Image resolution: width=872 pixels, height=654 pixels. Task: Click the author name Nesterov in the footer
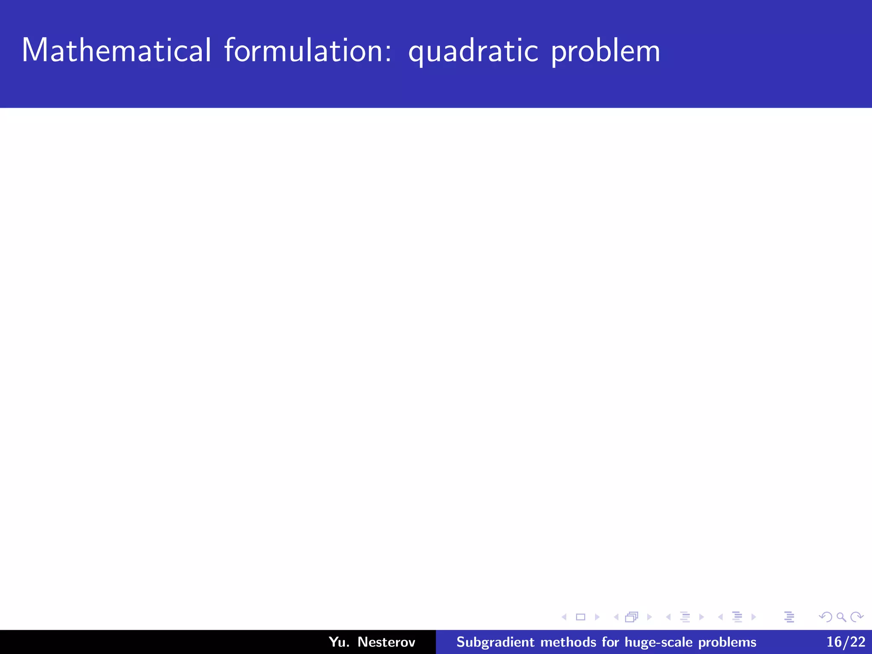tap(386, 642)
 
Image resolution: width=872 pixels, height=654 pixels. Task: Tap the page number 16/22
tap(846, 642)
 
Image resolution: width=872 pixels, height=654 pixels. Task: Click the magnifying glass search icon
tap(841, 617)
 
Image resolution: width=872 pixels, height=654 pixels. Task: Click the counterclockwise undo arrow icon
tap(826, 617)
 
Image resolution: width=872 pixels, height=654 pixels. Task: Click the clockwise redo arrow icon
tap(857, 617)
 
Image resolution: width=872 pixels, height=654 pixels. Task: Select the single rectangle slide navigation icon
tap(580, 617)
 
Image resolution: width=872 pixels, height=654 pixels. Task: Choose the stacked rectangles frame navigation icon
tap(632, 617)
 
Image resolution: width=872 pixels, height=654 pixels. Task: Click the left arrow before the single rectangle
tap(564, 617)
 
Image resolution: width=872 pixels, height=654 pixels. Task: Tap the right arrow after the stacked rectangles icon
tap(649, 617)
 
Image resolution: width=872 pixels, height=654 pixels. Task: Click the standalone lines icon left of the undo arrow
tap(789, 617)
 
